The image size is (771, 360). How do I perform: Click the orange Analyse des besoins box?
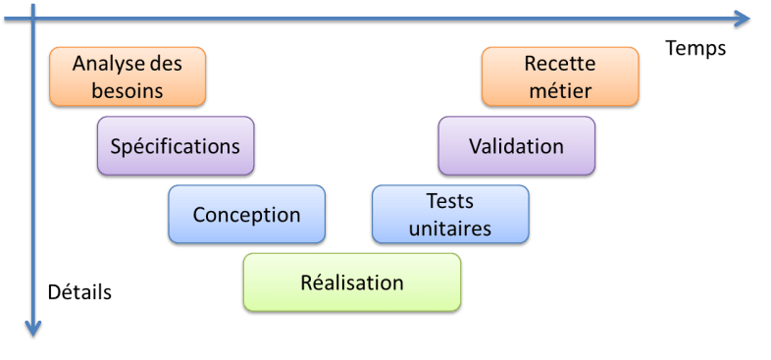click(x=128, y=77)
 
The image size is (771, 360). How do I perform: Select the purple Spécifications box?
click(x=176, y=147)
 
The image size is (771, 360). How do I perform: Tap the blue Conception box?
click(x=246, y=215)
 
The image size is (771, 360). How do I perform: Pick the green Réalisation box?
click(x=351, y=283)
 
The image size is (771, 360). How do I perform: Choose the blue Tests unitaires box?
click(x=450, y=215)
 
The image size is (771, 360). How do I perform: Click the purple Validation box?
click(x=516, y=147)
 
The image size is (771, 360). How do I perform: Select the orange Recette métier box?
click(x=560, y=77)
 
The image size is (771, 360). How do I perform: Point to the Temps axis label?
click(x=694, y=48)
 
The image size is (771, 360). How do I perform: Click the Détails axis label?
click(x=79, y=292)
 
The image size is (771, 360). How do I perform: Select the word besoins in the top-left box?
click(x=127, y=91)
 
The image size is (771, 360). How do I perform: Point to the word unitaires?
click(x=450, y=229)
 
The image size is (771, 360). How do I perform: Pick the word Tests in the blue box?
click(x=450, y=201)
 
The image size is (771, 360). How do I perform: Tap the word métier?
click(x=560, y=91)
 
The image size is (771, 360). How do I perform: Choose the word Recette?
click(x=560, y=64)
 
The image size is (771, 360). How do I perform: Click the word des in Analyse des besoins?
click(x=164, y=64)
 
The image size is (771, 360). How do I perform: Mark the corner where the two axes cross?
click(x=34, y=19)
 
